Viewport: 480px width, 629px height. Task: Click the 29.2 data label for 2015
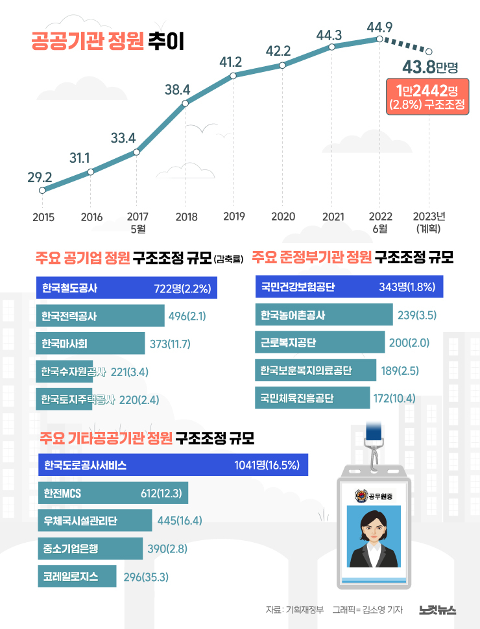pyautogui.click(x=40, y=176)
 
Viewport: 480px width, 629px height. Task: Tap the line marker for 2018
pyautogui.click(x=186, y=103)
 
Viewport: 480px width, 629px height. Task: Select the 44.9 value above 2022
pyautogui.click(x=379, y=27)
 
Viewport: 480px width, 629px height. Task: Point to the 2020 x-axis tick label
pyautogui.click(x=283, y=217)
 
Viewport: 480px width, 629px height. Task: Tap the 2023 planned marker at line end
pyautogui.click(x=428, y=51)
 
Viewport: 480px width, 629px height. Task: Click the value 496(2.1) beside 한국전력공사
pyautogui.click(x=187, y=316)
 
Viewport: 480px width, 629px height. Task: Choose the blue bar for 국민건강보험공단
pyautogui.click(x=350, y=287)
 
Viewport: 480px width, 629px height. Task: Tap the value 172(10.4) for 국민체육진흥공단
pyautogui.click(x=394, y=398)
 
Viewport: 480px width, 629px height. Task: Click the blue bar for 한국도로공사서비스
pyautogui.click(x=173, y=465)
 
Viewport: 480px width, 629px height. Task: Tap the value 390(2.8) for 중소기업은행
pyautogui.click(x=167, y=549)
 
